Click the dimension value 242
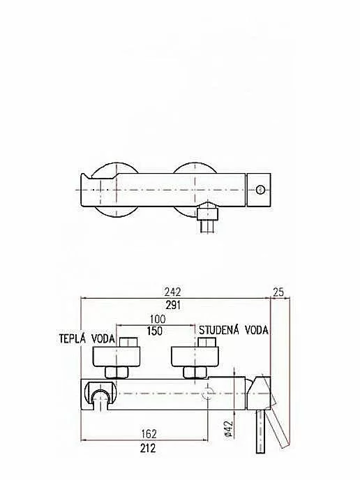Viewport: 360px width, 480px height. point(172,292)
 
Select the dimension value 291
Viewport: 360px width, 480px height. point(173,305)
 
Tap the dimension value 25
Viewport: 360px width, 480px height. point(278,292)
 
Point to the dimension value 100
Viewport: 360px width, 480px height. point(158,319)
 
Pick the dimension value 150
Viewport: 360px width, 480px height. point(155,331)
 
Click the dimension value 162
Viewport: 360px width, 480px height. point(149,434)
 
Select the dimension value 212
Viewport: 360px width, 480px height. point(148,448)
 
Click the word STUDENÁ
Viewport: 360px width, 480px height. point(219,330)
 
